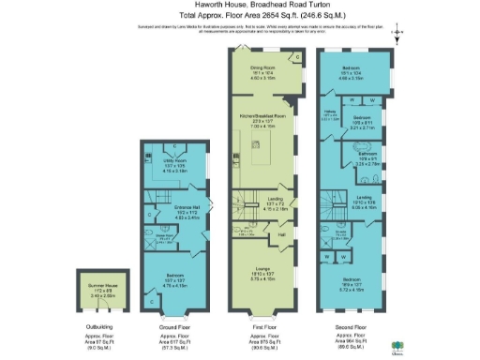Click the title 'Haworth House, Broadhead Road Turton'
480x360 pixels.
(x=240, y=7)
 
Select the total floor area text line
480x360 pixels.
(x=240, y=17)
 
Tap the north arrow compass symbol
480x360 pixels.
(x=398, y=36)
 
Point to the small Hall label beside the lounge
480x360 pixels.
(x=280, y=223)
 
